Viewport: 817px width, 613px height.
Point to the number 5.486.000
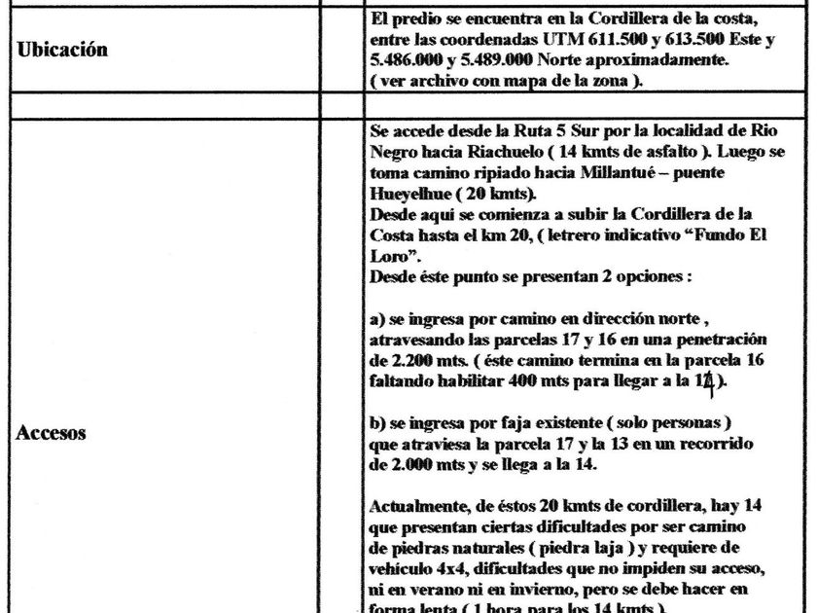point(409,62)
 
